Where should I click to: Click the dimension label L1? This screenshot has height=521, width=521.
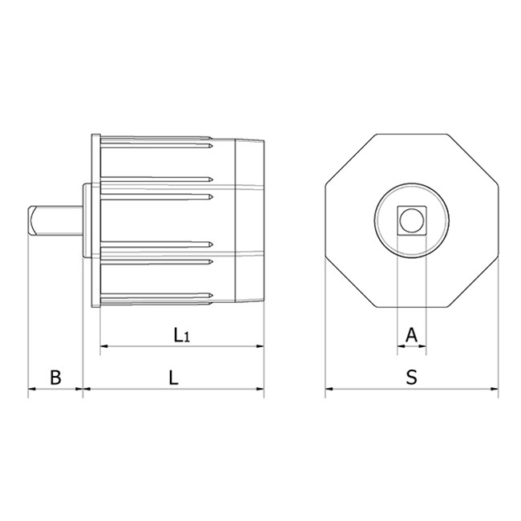tap(182, 335)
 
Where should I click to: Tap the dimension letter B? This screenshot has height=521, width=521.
tap(55, 378)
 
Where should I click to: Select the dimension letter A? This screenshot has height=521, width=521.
tap(411, 335)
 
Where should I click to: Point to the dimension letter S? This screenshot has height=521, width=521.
tap(412, 378)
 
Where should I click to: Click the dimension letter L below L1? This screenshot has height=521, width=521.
tap(173, 378)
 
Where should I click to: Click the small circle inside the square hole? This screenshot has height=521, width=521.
tap(412, 220)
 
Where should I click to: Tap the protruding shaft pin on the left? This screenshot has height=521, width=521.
tap(55, 220)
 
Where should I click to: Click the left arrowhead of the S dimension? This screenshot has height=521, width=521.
tap(329, 389)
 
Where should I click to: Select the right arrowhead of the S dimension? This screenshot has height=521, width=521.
tap(495, 389)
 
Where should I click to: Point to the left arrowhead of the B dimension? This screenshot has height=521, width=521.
tap(32, 389)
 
